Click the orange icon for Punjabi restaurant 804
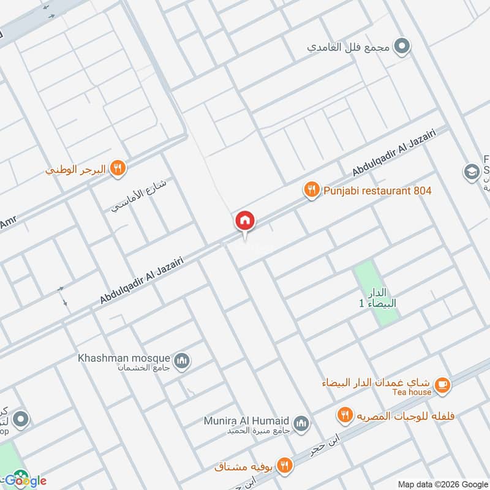(x=312, y=190)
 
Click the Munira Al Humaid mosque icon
(x=301, y=423)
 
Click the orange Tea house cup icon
(x=443, y=385)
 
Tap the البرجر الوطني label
(x=76, y=169)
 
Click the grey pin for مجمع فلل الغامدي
(x=402, y=45)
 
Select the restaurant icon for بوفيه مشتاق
(x=284, y=465)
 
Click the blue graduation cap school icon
(x=472, y=171)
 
